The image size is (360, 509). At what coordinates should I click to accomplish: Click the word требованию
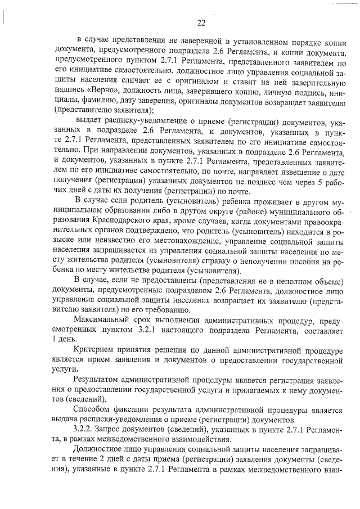click(x=159, y=309)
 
